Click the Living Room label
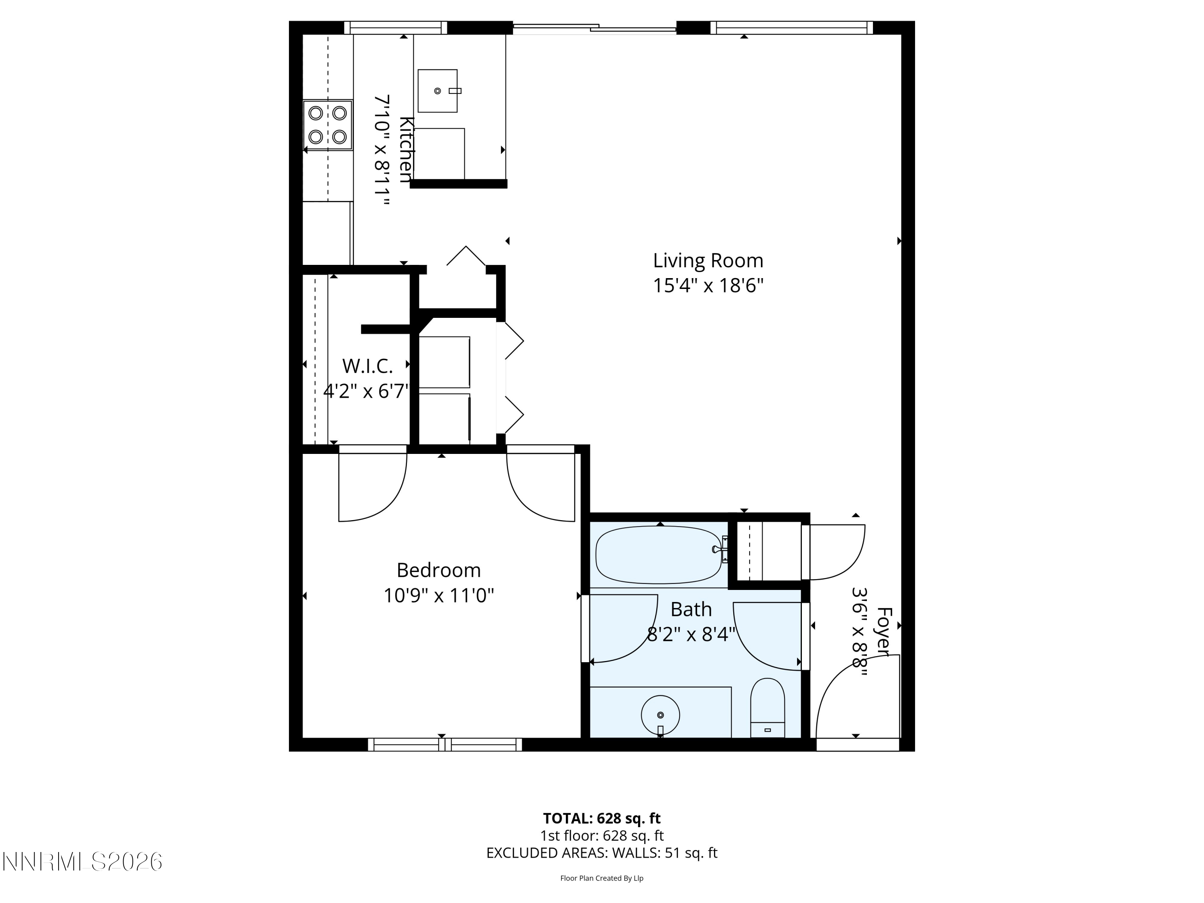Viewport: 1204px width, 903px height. (x=708, y=261)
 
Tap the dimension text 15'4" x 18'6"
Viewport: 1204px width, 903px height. (x=708, y=285)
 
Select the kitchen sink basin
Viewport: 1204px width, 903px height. (x=437, y=91)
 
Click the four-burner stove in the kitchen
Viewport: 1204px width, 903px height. (x=327, y=125)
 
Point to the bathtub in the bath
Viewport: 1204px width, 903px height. (x=659, y=554)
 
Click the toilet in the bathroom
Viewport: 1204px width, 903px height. (x=767, y=708)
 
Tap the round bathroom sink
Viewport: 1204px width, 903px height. (x=660, y=715)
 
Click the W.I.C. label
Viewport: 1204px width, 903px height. (x=367, y=366)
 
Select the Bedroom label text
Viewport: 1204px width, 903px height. (x=438, y=570)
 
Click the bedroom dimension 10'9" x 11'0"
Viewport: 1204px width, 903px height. (x=438, y=596)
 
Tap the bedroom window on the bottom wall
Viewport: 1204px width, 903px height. (x=445, y=744)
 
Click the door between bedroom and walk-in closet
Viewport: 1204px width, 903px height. (x=373, y=484)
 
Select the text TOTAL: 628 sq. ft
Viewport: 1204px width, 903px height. (x=602, y=818)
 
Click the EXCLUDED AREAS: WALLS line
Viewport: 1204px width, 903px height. (x=602, y=853)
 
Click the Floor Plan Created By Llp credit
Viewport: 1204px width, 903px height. (x=602, y=878)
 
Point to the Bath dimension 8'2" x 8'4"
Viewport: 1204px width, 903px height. (x=691, y=634)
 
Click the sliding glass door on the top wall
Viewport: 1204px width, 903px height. (x=594, y=28)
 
